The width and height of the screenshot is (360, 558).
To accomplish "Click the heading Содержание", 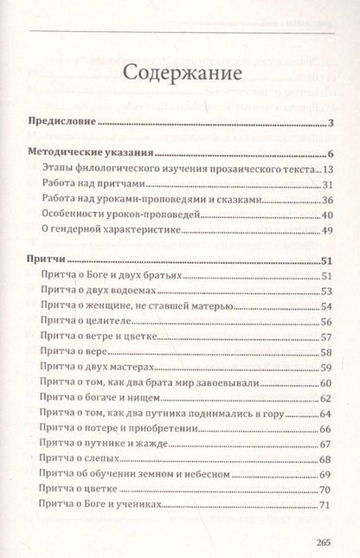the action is click(x=181, y=73).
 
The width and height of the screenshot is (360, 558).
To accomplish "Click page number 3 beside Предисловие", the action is click(x=331, y=123).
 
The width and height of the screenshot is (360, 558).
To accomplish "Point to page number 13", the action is click(x=328, y=170).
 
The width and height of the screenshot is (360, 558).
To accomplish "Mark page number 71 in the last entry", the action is click(x=326, y=506).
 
